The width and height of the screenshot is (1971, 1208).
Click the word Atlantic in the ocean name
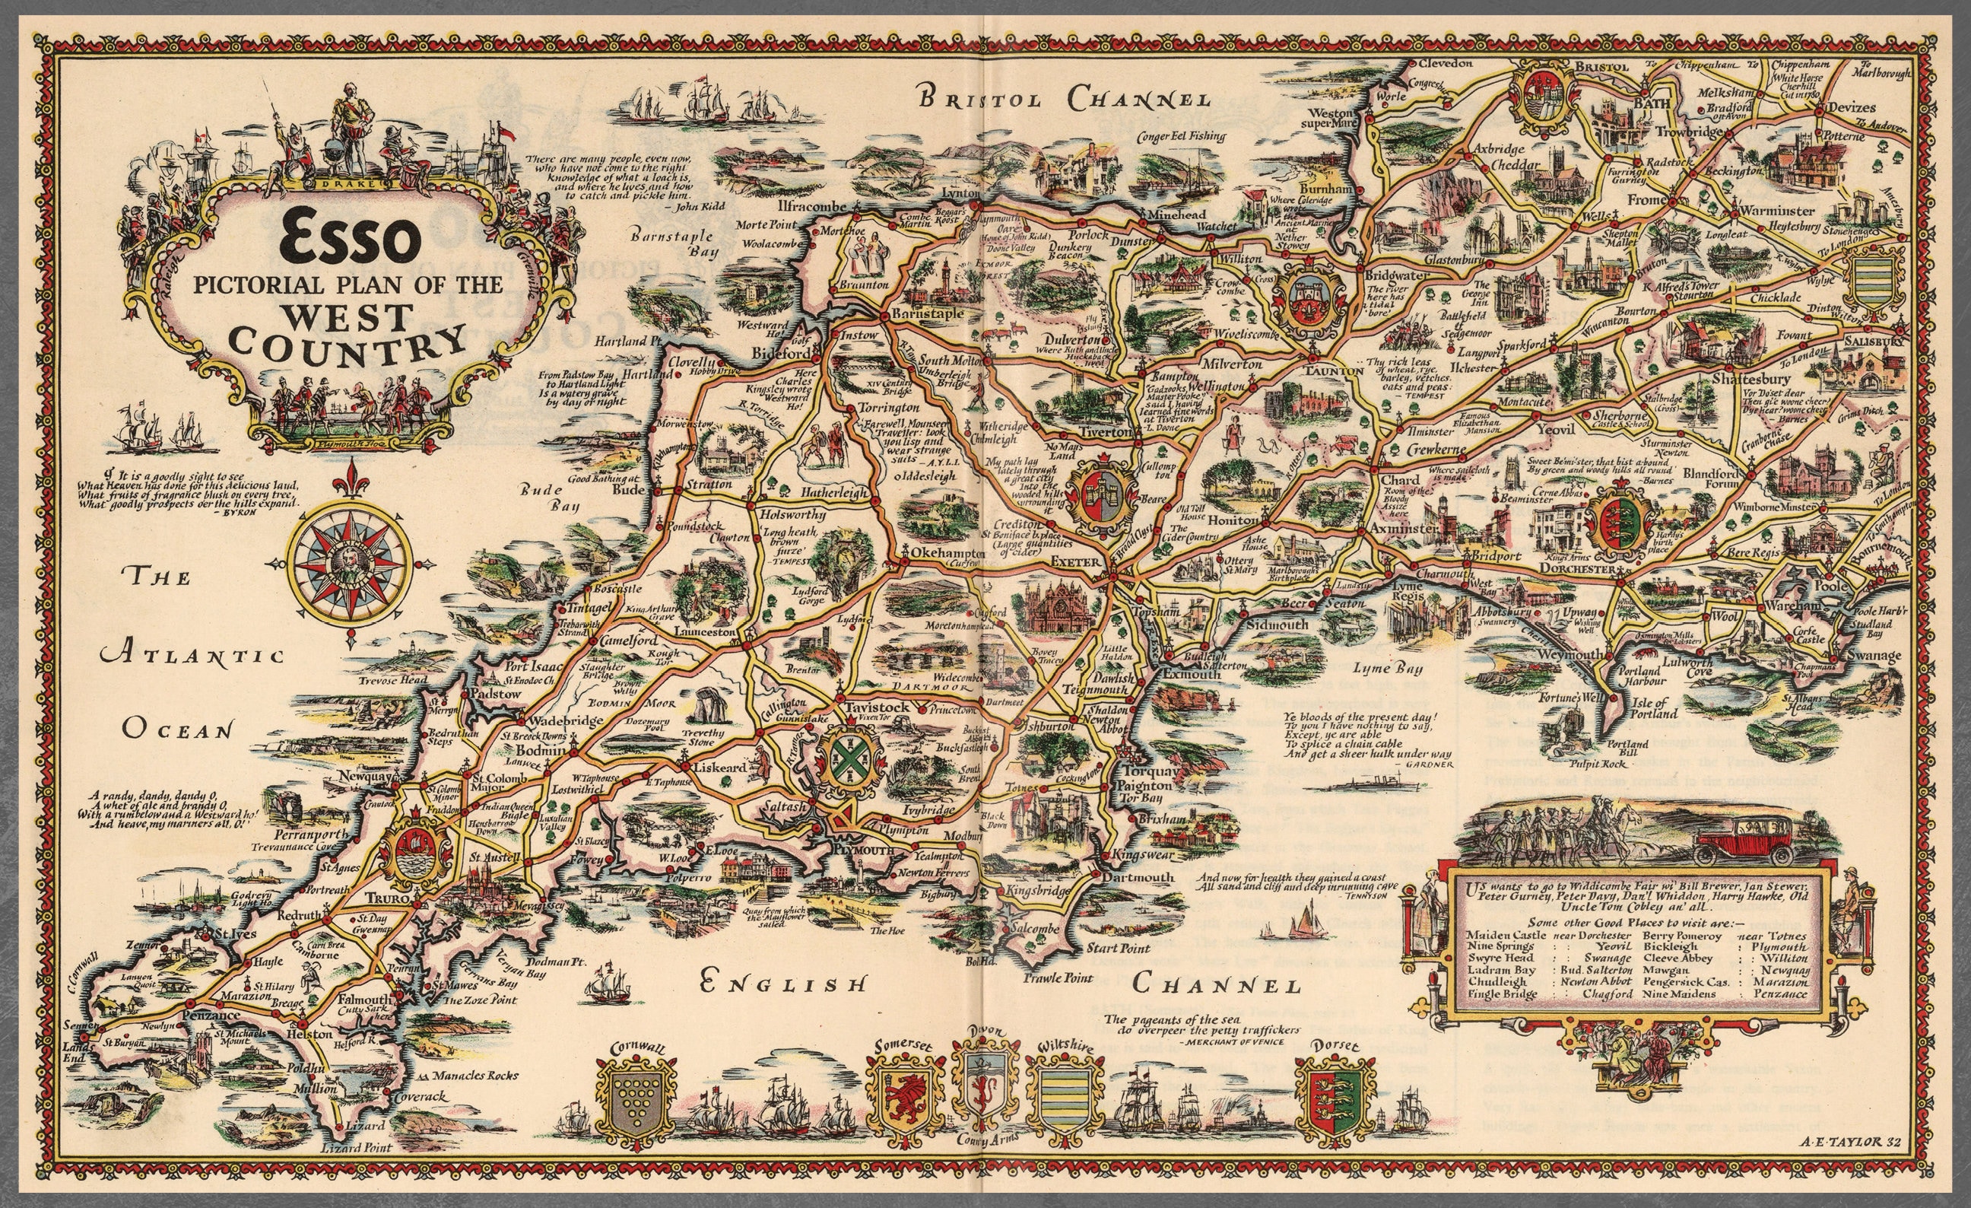tap(192, 655)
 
